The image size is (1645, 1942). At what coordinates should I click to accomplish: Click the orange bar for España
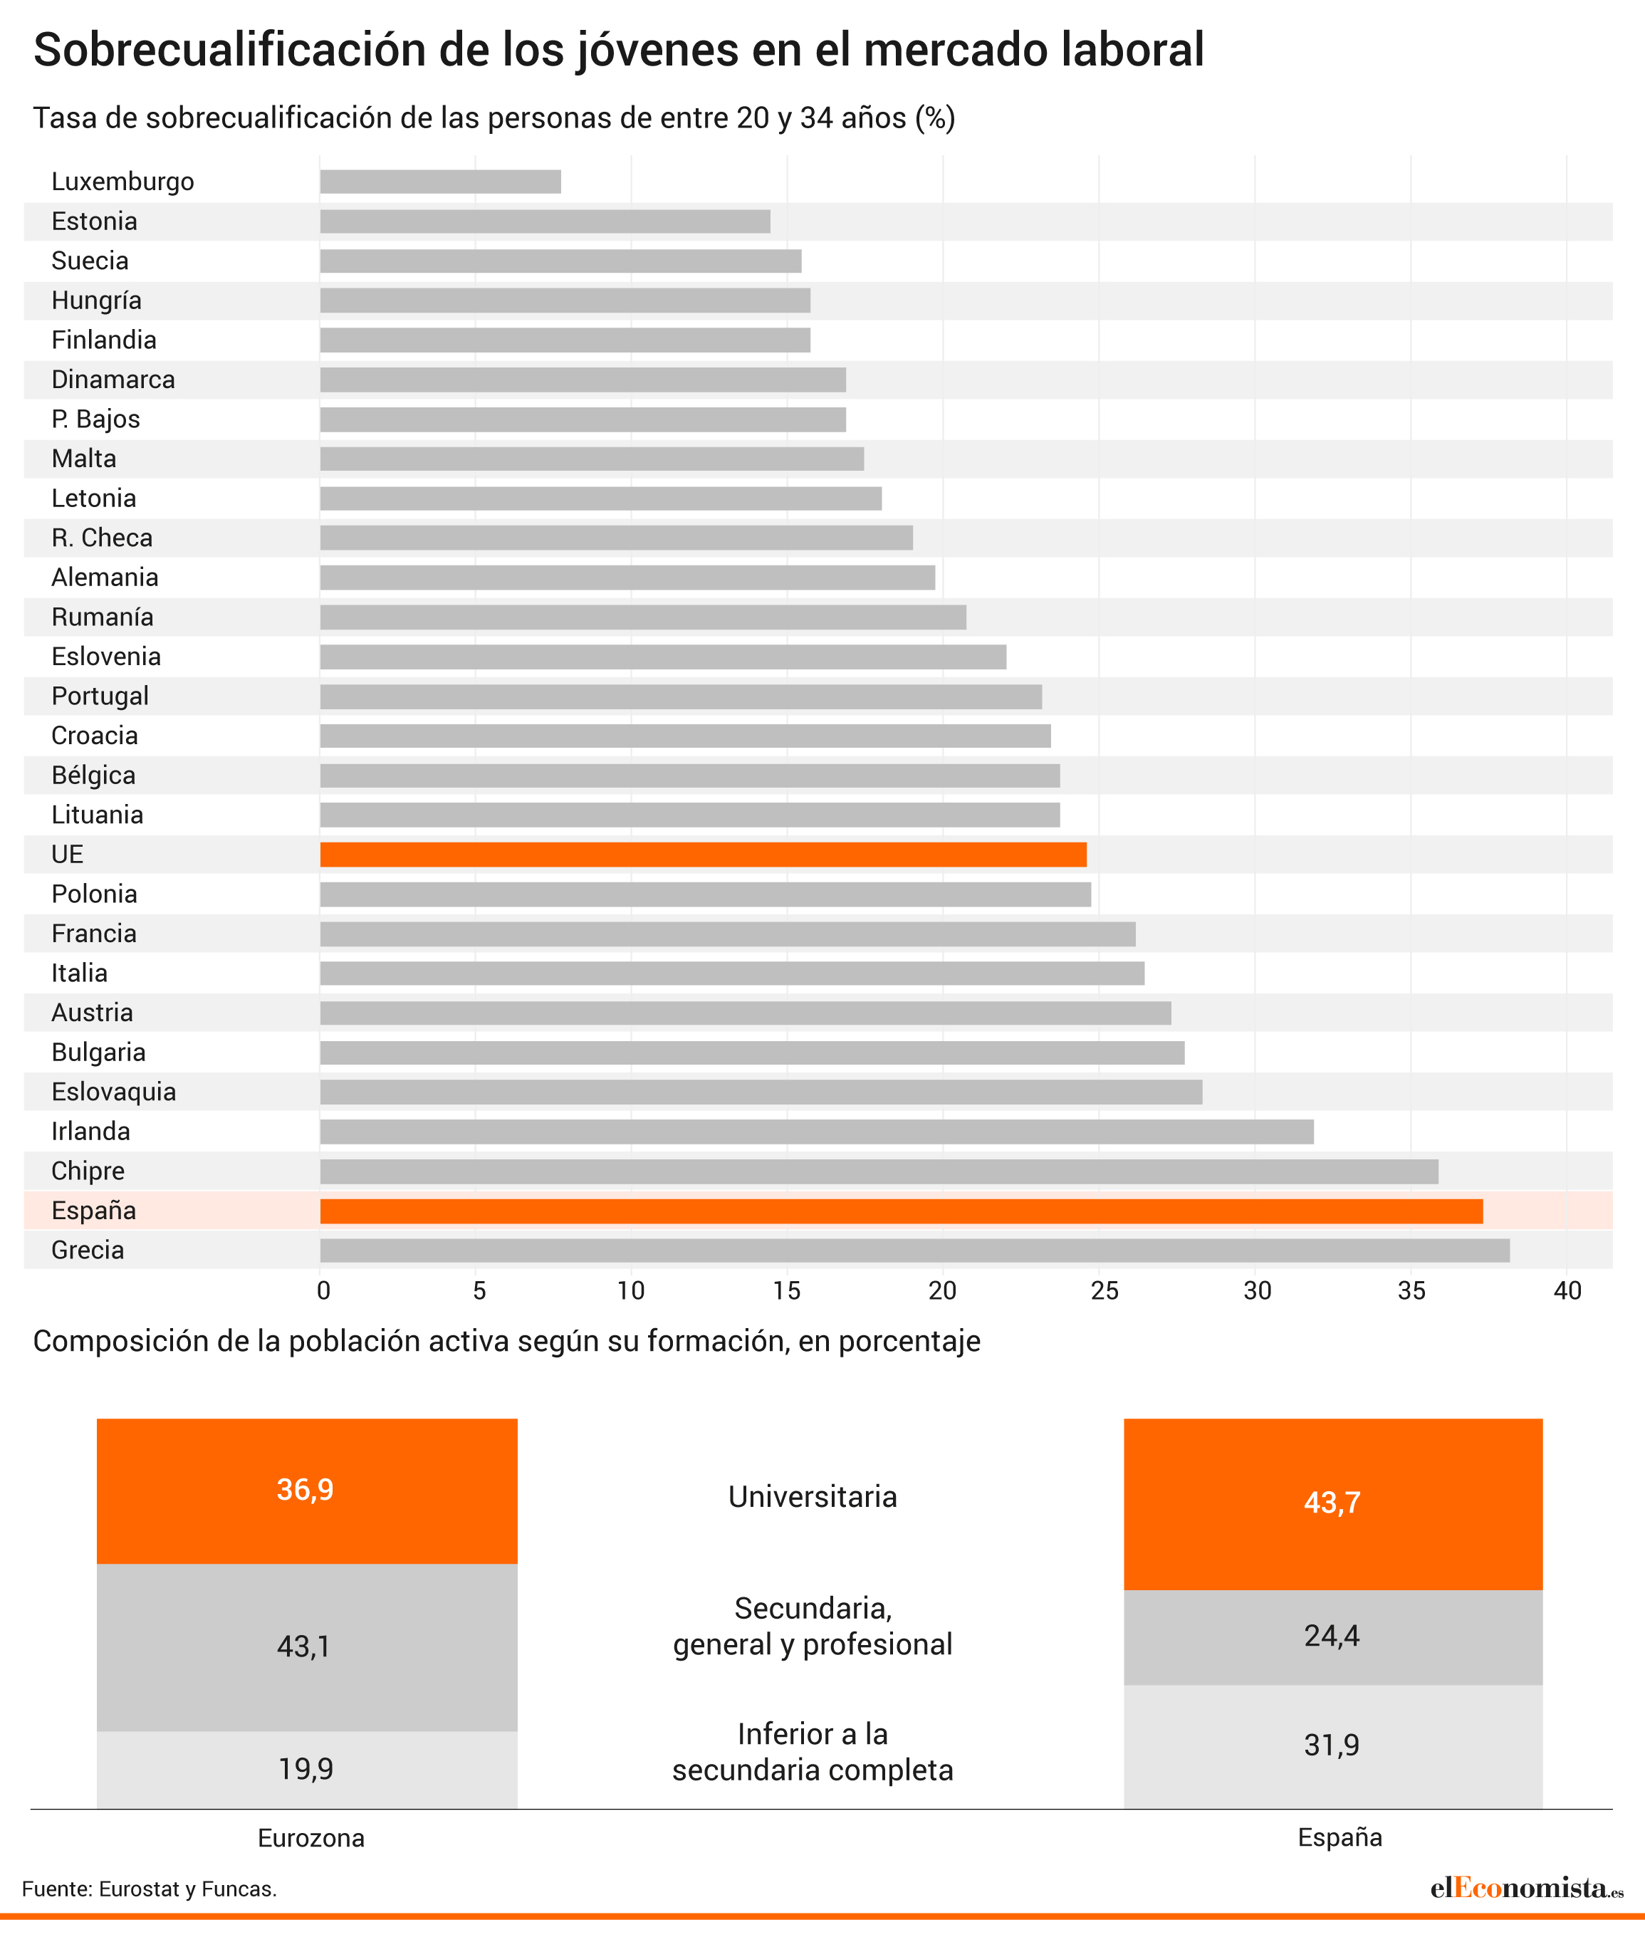(x=900, y=1211)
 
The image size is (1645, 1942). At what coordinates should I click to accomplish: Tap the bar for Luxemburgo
(x=440, y=182)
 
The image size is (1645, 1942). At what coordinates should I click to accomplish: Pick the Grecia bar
(x=914, y=1251)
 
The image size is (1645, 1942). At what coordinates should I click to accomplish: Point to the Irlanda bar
(x=816, y=1132)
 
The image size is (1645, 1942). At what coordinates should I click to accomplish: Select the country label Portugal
(x=100, y=696)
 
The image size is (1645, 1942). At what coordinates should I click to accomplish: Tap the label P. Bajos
(x=95, y=419)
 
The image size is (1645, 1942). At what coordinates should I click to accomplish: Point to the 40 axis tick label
(x=1567, y=1291)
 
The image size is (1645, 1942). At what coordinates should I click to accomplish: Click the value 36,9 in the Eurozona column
(x=305, y=1490)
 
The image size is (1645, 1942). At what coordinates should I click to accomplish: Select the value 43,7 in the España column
(x=1332, y=1503)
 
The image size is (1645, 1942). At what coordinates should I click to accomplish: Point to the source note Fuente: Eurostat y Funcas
(x=150, y=1889)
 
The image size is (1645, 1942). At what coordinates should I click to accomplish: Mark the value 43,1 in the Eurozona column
(x=304, y=1646)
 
